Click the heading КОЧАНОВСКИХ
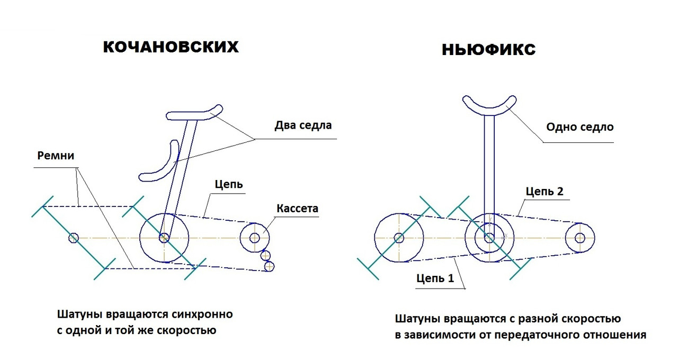point(171,47)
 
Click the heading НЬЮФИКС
point(488,50)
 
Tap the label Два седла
point(303,125)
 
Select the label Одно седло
point(579,127)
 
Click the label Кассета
point(297,208)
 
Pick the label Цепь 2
point(544,191)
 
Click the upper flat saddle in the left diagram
point(194,114)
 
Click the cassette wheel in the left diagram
point(255,237)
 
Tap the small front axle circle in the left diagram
point(74,238)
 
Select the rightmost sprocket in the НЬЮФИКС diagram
point(579,237)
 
